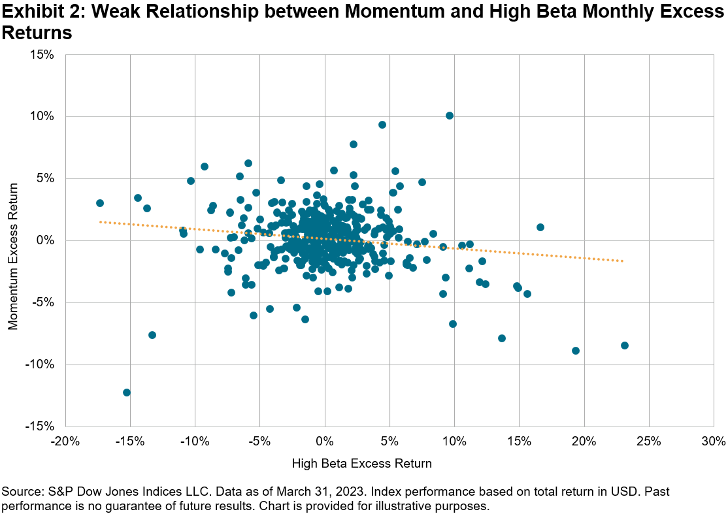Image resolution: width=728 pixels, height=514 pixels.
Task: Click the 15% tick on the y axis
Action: click(41, 54)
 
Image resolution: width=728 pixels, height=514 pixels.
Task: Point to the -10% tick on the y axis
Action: click(39, 364)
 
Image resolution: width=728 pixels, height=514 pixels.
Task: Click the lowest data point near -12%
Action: click(127, 393)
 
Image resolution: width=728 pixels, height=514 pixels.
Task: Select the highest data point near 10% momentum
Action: click(450, 116)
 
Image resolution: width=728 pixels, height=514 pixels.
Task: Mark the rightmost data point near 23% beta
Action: click(625, 345)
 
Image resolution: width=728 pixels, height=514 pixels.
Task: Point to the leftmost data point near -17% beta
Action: click(100, 203)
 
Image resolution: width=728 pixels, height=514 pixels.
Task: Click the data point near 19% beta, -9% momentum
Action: click(576, 351)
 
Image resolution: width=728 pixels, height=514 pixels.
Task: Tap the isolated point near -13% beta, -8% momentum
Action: click(152, 335)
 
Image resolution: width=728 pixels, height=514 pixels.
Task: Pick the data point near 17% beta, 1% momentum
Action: click(540, 227)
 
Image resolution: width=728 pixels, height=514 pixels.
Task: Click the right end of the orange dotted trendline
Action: click(623, 261)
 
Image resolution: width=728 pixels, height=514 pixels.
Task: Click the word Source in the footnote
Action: click(20, 490)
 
